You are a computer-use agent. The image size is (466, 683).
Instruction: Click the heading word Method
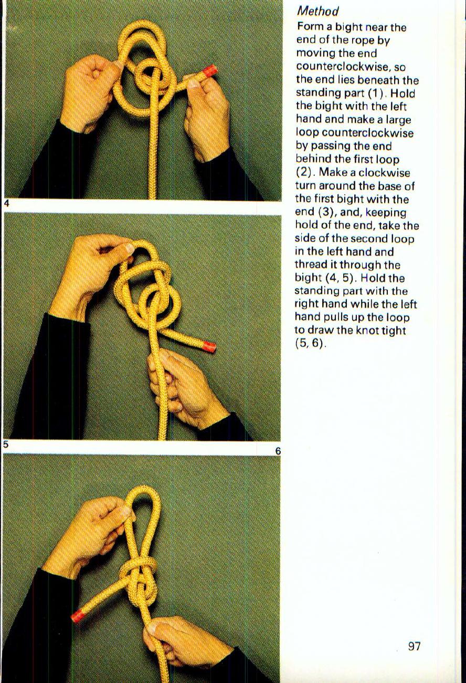pos(317,11)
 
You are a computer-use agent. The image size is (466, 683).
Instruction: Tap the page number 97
pos(414,646)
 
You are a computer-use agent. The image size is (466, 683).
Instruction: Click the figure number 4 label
pos(6,204)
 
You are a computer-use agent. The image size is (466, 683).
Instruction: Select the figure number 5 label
pos(5,444)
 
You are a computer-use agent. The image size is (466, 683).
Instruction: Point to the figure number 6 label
pos(278,451)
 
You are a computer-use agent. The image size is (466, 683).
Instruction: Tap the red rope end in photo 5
pos(209,346)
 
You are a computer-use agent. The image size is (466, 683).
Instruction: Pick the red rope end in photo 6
pos(78,615)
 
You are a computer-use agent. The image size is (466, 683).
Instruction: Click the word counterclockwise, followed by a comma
pos(350,67)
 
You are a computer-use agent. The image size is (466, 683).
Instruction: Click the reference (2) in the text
pos(305,172)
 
